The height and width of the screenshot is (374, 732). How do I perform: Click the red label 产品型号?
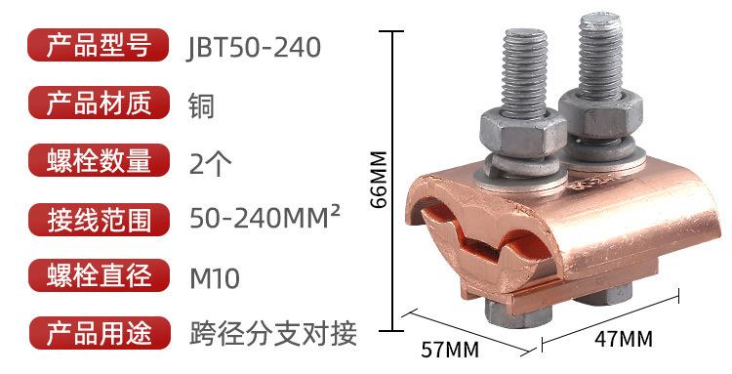click(98, 45)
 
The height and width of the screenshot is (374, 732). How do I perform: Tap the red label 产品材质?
click(98, 103)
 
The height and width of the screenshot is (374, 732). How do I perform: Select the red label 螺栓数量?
click(98, 160)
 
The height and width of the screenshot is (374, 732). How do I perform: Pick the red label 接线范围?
click(98, 220)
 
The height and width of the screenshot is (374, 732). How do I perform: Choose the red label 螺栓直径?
click(98, 275)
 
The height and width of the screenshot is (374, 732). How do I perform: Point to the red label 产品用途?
click(98, 333)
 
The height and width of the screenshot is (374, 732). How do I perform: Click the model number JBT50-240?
click(254, 48)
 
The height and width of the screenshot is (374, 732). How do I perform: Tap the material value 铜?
click(202, 106)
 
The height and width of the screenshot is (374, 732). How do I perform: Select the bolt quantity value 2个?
click(210, 163)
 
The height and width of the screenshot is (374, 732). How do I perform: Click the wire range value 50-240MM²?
click(264, 218)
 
